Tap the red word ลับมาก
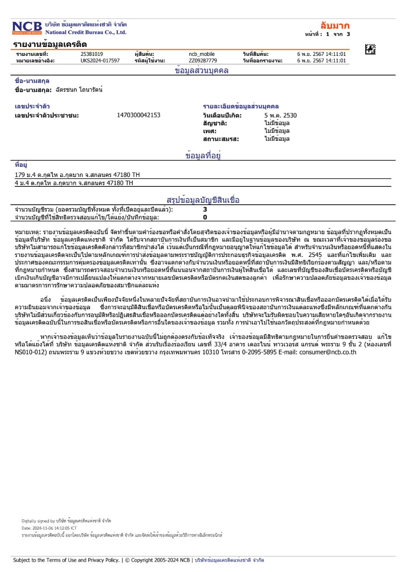coord(335,25)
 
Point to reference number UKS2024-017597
coord(100,61)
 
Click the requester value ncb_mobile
coord(202,55)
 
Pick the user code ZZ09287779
coord(203,61)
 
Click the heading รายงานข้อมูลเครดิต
coord(50,44)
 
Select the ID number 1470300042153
coord(138,115)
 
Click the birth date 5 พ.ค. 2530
coord(281,115)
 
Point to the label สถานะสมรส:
coord(221,139)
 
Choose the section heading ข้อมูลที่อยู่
coord(203,156)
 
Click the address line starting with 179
coord(74,175)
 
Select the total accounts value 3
coord(205,209)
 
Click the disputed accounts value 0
coord(205,218)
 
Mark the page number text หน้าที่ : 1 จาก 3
coord(327,34)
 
